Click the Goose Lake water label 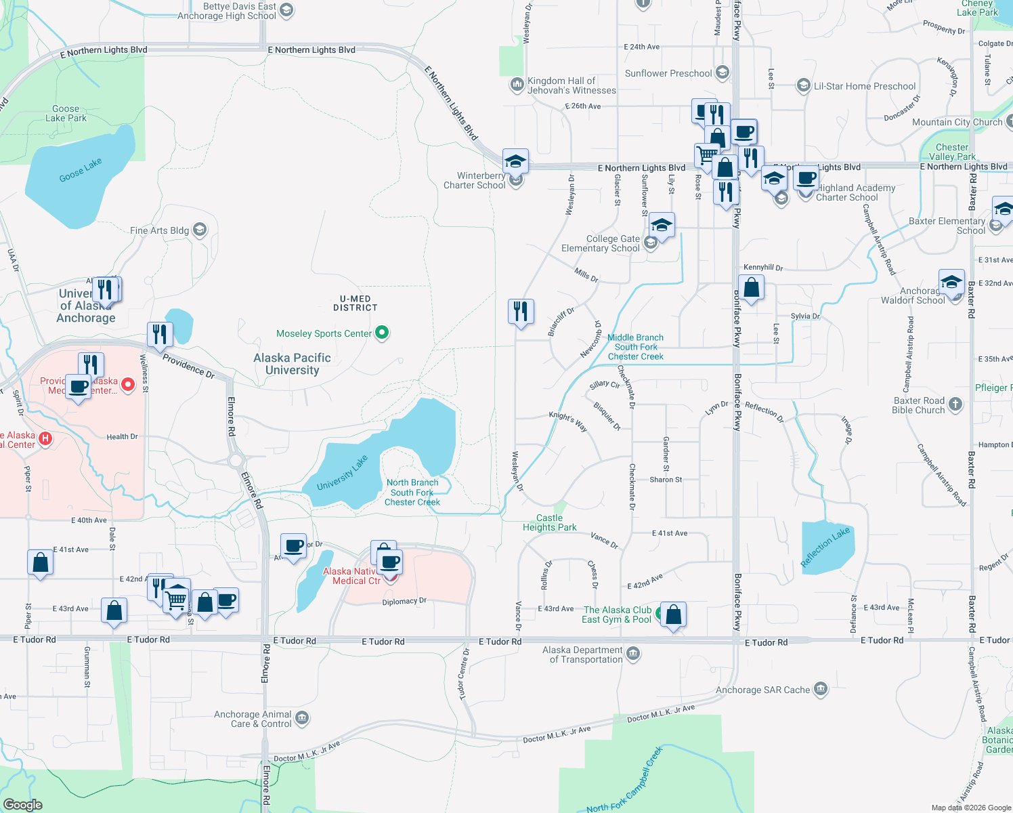pos(81,170)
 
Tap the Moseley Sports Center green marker pos(382,333)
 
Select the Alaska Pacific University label pos(293,364)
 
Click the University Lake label pos(343,473)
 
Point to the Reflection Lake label pos(825,547)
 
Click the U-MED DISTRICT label pos(355,303)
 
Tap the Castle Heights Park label pos(550,522)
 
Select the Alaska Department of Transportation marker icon pos(633,654)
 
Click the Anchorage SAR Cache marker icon pos(821,689)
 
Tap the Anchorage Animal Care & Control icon pos(302,717)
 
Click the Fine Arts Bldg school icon pos(200,230)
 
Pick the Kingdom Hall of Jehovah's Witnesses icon pos(517,84)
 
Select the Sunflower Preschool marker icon pos(723,72)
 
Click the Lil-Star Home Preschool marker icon pos(803,85)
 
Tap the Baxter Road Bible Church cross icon pos(955,404)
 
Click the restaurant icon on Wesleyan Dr pos(521,311)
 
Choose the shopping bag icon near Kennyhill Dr pos(751,287)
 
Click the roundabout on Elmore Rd pos(236,461)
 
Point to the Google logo pos(23,805)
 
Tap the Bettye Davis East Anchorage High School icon pos(286,9)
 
